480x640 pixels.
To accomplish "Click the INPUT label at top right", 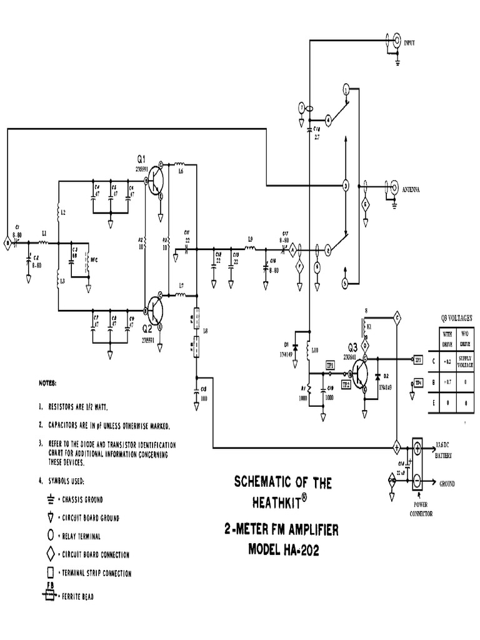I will coord(410,42).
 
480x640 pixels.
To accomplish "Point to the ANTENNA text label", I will coord(411,189).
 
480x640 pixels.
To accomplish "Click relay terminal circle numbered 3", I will coord(344,186).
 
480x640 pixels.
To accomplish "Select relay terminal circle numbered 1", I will coord(345,90).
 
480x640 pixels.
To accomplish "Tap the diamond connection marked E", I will coord(367,205).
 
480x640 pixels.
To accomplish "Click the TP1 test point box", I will coord(330,365).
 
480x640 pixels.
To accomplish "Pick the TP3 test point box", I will coord(419,359).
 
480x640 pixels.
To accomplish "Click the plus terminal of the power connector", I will coord(417,447).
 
